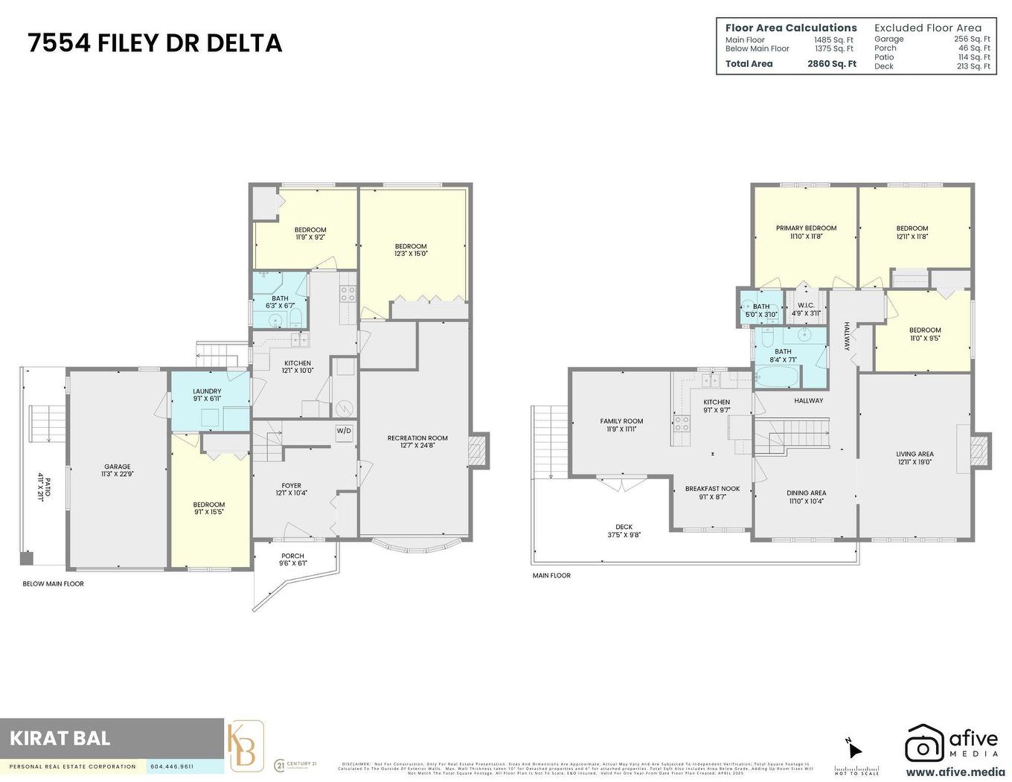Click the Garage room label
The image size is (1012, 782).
(117, 467)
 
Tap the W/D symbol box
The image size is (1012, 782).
(343, 431)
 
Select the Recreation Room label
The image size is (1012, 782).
(417, 438)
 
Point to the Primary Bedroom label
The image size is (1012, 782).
(806, 228)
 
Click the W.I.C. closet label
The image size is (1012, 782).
(806, 306)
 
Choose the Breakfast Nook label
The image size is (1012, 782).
(712, 489)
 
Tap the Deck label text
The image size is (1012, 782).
(624, 527)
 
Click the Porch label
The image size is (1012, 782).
(292, 556)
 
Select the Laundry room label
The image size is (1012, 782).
(207, 391)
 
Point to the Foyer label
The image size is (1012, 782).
(291, 486)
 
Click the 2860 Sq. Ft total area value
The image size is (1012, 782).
(831, 64)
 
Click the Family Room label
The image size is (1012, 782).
(621, 421)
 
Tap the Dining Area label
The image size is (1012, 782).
(806, 493)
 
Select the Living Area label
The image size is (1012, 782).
(915, 454)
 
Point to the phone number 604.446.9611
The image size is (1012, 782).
(172, 766)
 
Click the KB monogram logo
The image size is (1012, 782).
(246, 747)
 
